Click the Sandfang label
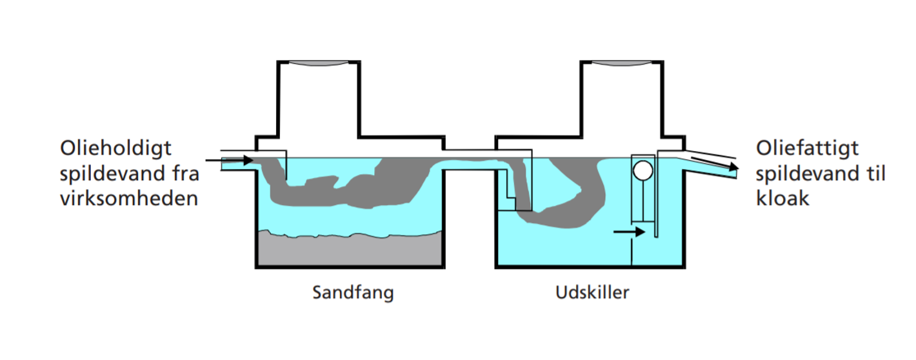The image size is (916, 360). coord(352,293)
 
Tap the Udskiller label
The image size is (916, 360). coord(592,293)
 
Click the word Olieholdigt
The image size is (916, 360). coord(116,149)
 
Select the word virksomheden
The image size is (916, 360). coord(128,198)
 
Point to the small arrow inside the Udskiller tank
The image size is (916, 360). coord(629,232)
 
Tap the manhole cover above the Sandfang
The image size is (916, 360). coord(318,63)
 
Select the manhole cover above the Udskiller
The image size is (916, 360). coord(622,63)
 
